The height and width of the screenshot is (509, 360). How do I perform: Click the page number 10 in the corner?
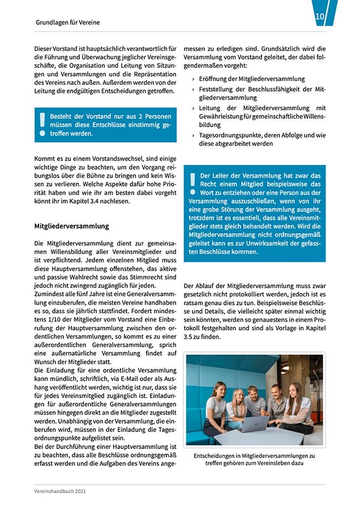pyautogui.click(x=320, y=17)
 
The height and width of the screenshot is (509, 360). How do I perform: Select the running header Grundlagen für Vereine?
pyautogui.click(x=67, y=23)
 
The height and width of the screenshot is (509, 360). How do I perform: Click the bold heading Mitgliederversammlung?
pyautogui.click(x=71, y=226)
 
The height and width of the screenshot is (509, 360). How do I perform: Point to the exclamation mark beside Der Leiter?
pyautogui.click(x=192, y=184)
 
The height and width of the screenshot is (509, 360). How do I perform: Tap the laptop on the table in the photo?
pyautogui.click(x=252, y=424)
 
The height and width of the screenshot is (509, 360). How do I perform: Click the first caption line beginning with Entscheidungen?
pyautogui.click(x=254, y=455)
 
